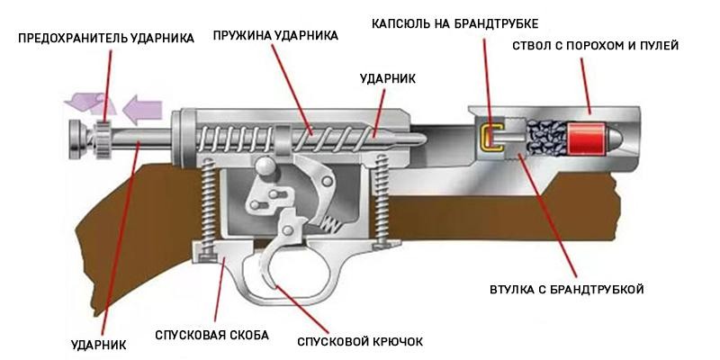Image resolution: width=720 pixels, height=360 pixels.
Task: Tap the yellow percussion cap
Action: pyautogui.click(x=491, y=138)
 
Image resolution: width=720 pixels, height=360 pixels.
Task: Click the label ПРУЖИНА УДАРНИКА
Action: pyautogui.click(x=275, y=36)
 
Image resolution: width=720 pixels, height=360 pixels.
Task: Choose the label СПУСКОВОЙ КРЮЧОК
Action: pyautogui.click(x=359, y=342)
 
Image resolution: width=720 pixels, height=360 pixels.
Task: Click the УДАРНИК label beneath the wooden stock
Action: pyautogui.click(x=98, y=344)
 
